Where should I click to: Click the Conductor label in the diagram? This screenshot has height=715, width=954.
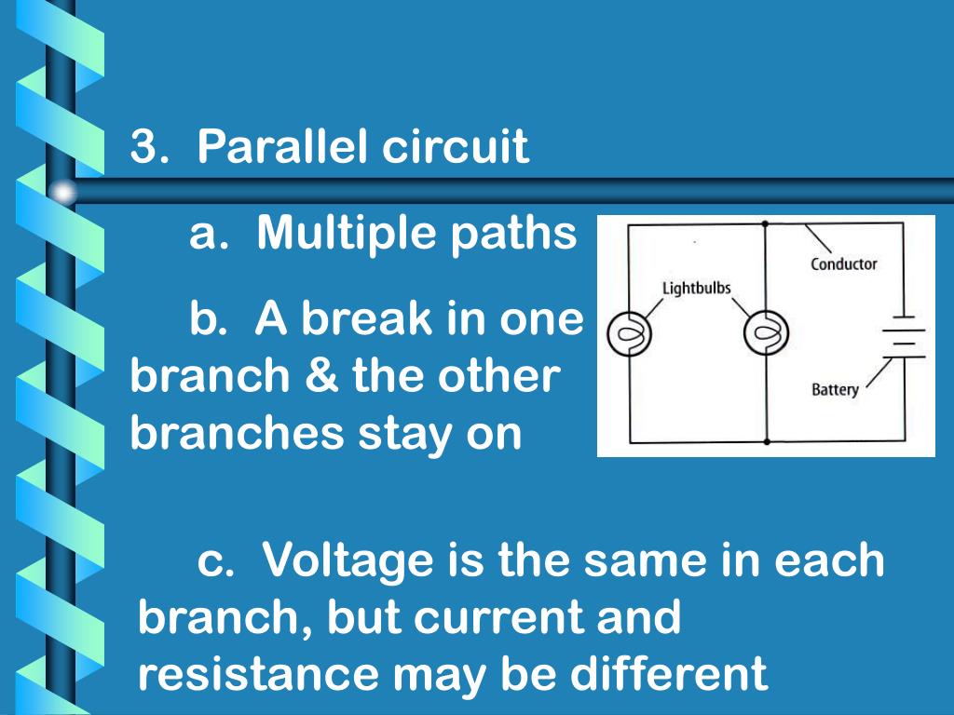coord(843,264)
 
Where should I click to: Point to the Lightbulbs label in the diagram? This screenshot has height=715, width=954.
coord(696,288)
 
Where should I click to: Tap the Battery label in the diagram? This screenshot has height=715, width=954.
coord(835,389)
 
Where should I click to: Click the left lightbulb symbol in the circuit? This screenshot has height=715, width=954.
coord(629,332)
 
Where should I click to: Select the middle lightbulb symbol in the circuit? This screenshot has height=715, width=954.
coord(765,332)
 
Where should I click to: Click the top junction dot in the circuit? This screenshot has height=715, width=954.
coord(765,224)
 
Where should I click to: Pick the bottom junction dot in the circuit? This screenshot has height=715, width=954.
coord(765,441)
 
